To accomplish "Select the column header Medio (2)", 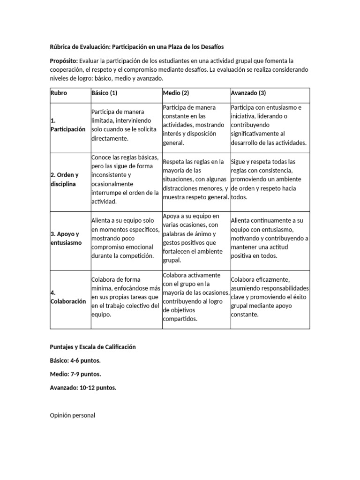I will tap(176, 93).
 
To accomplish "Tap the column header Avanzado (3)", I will tap(248, 93).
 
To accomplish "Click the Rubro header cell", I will tap(59, 93).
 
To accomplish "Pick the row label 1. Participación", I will tap(67, 125).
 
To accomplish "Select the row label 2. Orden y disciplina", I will tap(64, 180).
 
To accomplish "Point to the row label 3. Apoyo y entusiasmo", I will tap(66, 238).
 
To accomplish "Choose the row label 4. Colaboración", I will tap(67, 297).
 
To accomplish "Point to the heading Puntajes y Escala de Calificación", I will tap(93, 347).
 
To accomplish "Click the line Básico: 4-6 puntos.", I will tap(75, 360).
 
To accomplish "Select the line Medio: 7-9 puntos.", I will tap(75, 374).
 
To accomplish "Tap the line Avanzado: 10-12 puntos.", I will tap(83, 388).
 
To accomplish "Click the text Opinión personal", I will tap(73, 415).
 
